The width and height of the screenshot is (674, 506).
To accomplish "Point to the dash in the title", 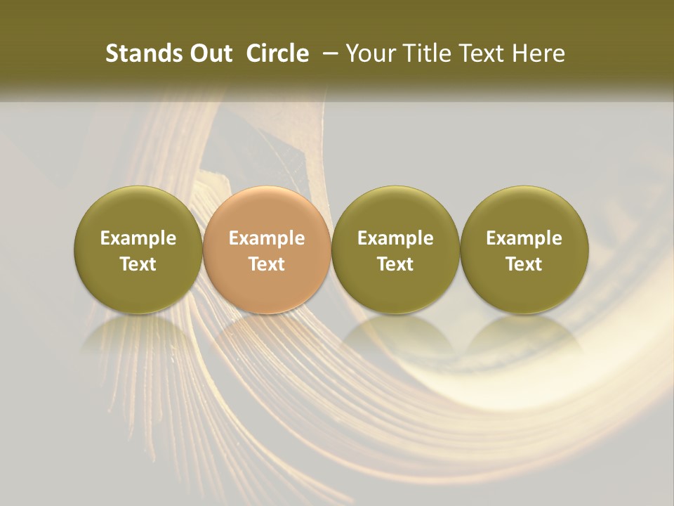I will pos(328,53).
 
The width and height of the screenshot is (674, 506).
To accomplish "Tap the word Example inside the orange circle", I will pos(267,238).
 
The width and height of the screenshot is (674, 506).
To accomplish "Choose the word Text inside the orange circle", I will pos(267,264).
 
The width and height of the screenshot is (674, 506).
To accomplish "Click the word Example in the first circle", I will pos(138,238).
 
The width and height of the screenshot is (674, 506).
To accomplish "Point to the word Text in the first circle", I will pos(138,264).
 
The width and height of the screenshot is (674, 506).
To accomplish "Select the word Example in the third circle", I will pos(395,238).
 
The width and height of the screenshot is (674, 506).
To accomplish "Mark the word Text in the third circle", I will pos(395,264).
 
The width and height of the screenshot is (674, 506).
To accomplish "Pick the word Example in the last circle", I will pos(524,238).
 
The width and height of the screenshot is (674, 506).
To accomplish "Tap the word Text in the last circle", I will pos(524,264).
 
